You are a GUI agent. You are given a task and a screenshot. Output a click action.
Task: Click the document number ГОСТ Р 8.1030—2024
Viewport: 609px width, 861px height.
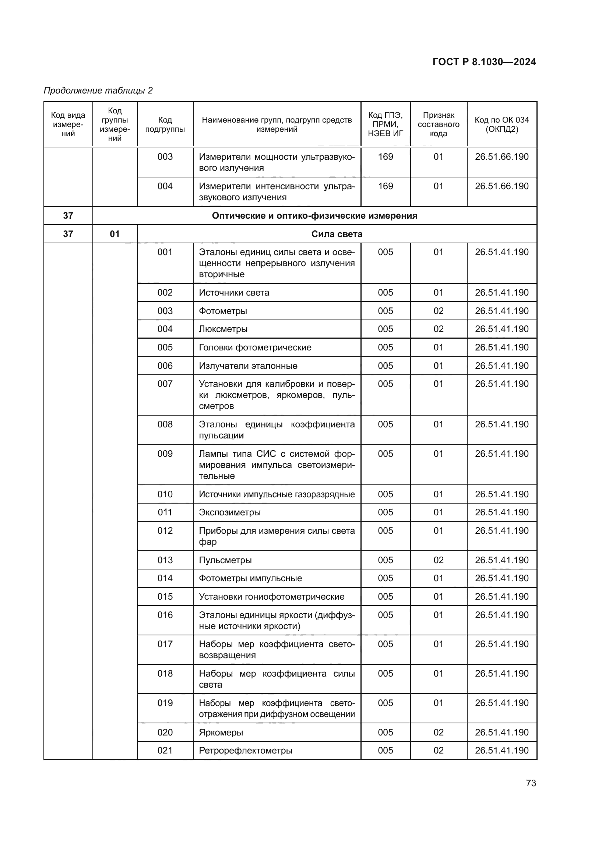point(484,62)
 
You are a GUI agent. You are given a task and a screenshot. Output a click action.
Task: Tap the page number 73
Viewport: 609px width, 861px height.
point(531,783)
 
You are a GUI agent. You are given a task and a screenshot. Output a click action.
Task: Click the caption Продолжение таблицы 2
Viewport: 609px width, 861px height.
point(98,91)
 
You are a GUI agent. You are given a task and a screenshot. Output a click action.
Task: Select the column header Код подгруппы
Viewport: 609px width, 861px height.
point(165,124)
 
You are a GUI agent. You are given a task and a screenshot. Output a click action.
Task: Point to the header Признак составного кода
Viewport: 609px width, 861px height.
point(439,124)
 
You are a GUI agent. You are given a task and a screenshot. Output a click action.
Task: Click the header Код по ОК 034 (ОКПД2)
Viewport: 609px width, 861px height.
point(501,124)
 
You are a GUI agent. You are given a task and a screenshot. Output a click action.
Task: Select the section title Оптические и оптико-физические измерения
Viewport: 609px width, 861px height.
point(314,216)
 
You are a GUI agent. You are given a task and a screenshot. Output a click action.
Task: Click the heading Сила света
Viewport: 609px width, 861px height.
point(337,234)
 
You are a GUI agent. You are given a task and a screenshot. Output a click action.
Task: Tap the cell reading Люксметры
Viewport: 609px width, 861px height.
point(223,329)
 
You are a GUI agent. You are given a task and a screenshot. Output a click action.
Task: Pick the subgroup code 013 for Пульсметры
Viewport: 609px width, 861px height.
point(165,560)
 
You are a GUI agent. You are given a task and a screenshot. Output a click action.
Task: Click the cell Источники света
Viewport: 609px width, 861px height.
point(234,293)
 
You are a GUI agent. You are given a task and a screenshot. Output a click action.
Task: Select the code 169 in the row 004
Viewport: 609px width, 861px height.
point(386,186)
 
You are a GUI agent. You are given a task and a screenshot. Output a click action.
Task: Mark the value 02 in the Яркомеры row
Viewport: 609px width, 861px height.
point(439,732)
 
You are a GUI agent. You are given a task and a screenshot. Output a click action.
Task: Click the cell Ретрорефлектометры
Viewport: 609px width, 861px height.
point(246,750)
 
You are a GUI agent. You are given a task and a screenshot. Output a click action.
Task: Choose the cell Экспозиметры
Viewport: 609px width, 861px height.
point(229,512)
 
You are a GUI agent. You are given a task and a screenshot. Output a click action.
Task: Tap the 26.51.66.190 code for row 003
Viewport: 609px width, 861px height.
point(501,157)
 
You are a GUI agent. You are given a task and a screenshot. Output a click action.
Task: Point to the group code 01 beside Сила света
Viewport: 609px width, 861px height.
point(115,234)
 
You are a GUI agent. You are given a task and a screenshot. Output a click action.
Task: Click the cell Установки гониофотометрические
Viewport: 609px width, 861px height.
point(271,596)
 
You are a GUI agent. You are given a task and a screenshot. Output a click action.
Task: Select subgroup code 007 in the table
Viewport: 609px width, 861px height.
point(165,384)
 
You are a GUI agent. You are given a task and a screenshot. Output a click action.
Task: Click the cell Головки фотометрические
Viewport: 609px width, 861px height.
point(255,347)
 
